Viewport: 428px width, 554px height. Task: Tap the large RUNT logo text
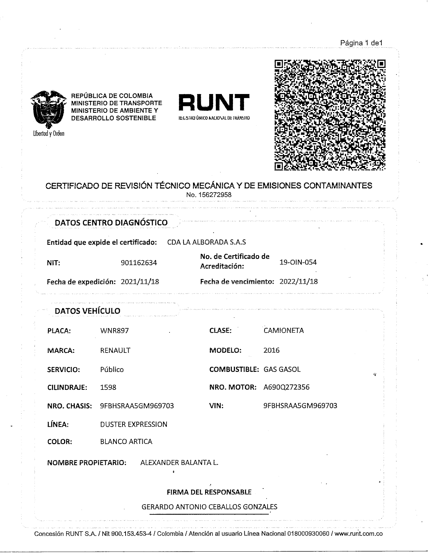pos(214,102)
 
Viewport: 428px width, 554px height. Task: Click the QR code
pos(330,114)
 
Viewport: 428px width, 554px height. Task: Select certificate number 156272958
pos(209,195)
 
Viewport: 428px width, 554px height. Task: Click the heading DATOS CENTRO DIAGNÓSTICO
pos(111,223)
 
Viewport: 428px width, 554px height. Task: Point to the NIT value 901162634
pos(139,263)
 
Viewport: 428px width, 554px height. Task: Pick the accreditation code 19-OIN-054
pos(298,262)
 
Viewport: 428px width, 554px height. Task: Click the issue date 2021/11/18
pos(140,282)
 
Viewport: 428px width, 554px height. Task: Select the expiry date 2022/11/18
pos(298,281)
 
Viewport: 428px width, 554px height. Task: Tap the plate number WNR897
pos(114,331)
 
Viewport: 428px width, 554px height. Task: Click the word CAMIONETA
pos(284,330)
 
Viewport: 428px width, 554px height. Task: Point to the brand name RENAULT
pos(115,350)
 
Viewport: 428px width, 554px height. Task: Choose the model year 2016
pos(271,350)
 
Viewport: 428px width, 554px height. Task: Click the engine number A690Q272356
pos(286,387)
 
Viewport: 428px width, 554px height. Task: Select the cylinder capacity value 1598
pos(108,387)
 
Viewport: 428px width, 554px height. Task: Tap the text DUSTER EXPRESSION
pos(134,424)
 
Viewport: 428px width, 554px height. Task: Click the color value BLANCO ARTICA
pos(126,442)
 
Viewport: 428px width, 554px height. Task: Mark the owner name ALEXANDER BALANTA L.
pos(179,463)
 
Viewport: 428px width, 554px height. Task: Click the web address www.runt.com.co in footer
pos(358,534)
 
